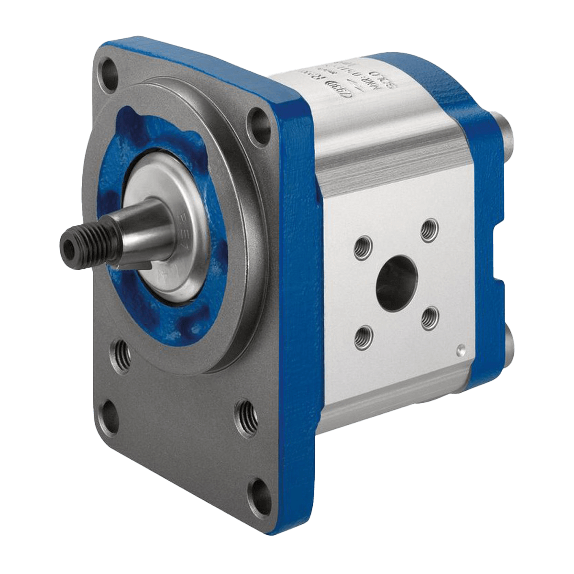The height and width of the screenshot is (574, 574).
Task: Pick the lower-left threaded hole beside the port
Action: [363, 337]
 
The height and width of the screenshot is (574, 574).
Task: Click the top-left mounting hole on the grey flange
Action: [111, 72]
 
